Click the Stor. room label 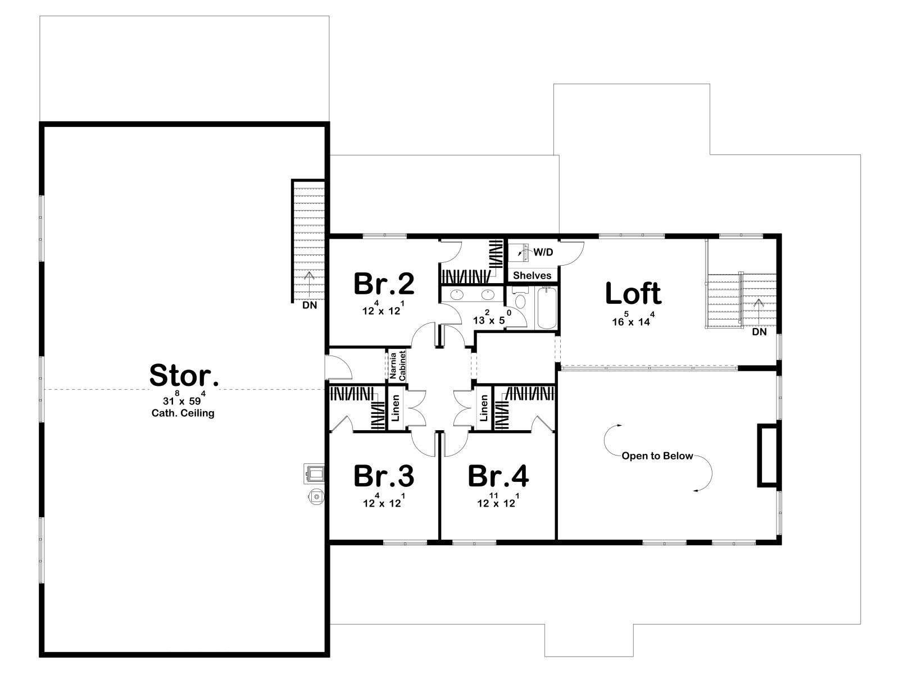[184, 375]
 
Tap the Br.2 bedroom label [384, 284]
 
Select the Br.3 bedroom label [384, 476]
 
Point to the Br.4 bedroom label [498, 476]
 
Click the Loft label [633, 293]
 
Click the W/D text [543, 252]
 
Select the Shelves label [532, 275]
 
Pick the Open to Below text [657, 456]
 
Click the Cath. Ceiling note [183, 413]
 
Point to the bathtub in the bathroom [547, 308]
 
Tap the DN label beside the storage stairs [310, 306]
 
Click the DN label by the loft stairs [759, 332]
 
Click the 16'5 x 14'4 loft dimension [633, 319]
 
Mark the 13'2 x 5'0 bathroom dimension [492, 317]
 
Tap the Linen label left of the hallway [396, 408]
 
